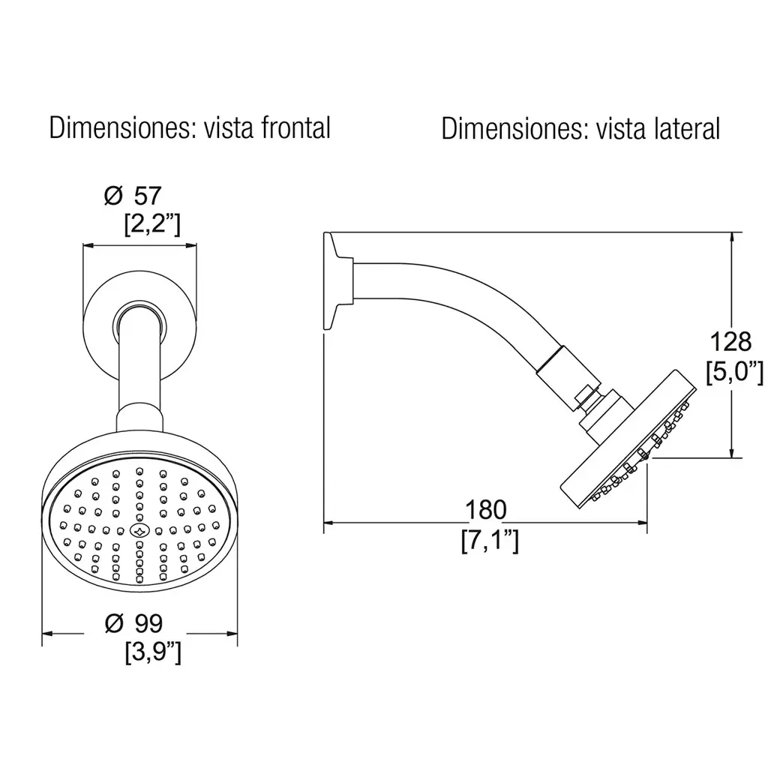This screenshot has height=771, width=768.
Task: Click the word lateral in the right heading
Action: tap(687, 129)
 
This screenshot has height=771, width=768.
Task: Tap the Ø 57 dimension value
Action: tap(133, 196)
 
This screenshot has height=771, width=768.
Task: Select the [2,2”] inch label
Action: tap(152, 225)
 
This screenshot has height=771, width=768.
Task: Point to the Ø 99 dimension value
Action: tap(133, 623)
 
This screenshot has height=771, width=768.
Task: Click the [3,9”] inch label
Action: tap(153, 653)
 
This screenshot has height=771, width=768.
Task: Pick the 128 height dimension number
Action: tap(730, 341)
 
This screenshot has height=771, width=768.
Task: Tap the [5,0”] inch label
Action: tap(734, 372)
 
